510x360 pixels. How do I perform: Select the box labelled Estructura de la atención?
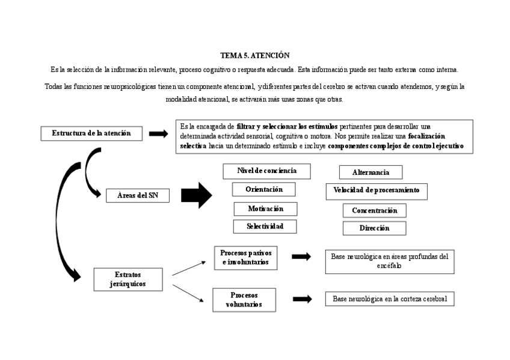pyautogui.click(x=91, y=133)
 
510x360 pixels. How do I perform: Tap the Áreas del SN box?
pyautogui.click(x=137, y=195)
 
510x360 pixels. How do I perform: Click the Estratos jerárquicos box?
pyautogui.click(x=128, y=279)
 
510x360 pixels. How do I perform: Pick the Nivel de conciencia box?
pyautogui.click(x=267, y=171)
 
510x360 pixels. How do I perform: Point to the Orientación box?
pyautogui.click(x=265, y=189)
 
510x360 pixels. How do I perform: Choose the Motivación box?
pyautogui.click(x=265, y=209)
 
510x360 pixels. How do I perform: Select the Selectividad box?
pyautogui.click(x=265, y=227)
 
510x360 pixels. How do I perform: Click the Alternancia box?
pyautogui.click(x=371, y=172)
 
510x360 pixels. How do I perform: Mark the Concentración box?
pyautogui.click(x=375, y=210)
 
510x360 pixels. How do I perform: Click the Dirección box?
pyautogui.click(x=375, y=228)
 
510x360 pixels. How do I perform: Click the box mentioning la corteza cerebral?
pyautogui.click(x=390, y=299)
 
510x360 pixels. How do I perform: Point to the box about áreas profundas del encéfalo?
pyautogui.click(x=390, y=261)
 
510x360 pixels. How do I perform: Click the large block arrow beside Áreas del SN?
pyautogui.click(x=197, y=195)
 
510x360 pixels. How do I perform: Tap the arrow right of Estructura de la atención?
pyautogui.click(x=159, y=133)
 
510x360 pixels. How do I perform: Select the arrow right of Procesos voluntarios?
pyautogui.click(x=303, y=299)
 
